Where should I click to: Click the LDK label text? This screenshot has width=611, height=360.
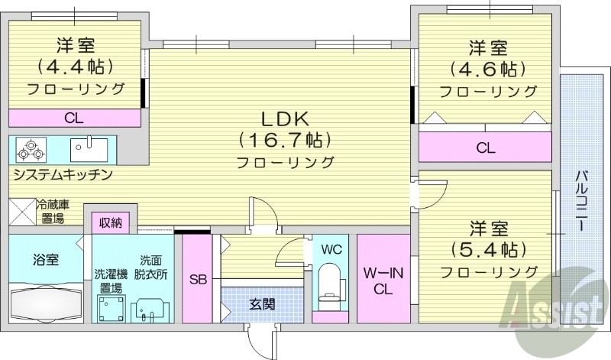pos(285,118)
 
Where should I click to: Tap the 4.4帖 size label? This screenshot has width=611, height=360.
pos(75,66)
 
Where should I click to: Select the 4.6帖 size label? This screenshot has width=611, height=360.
pos(487,70)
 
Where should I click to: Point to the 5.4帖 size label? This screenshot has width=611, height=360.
pos(488,249)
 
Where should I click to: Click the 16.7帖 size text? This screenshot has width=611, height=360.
pos(285,140)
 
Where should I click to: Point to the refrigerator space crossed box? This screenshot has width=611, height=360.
pos(22,210)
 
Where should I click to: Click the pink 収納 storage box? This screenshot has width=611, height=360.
pos(111,222)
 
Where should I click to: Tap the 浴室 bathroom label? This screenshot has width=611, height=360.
pos(44,259)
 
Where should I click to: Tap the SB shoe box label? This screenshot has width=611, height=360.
pos(196,277)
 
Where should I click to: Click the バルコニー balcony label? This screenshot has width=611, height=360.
pos(580,200)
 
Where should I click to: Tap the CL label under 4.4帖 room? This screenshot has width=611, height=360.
pos(74,118)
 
